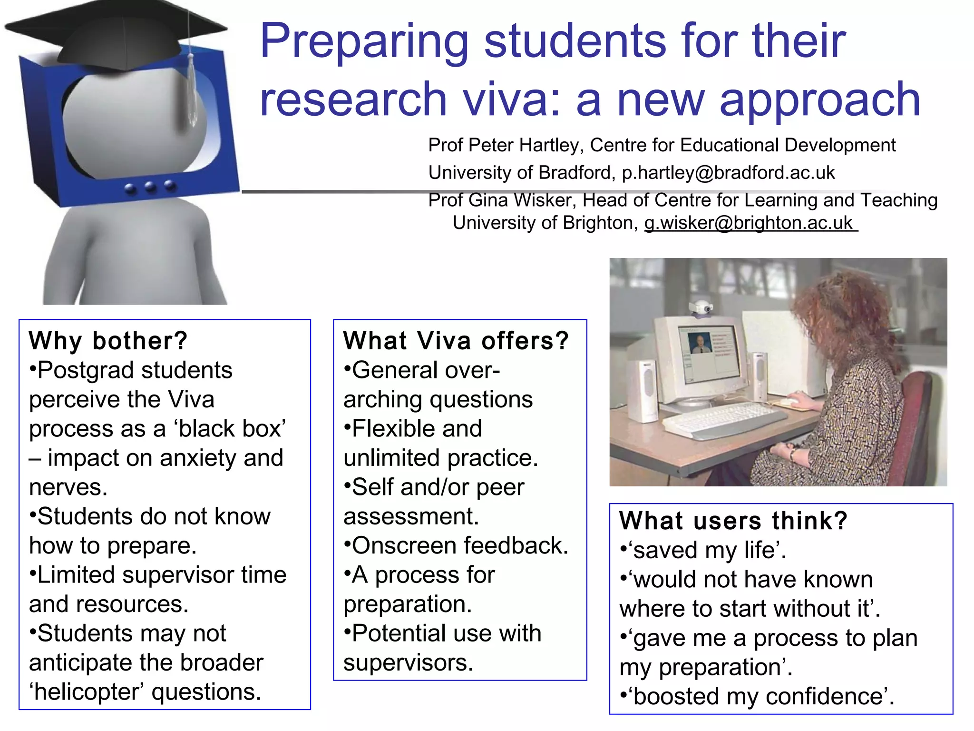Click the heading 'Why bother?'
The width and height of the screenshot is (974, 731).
point(108,341)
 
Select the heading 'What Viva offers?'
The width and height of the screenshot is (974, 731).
point(456,341)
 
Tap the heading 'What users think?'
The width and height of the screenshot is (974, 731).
point(733,520)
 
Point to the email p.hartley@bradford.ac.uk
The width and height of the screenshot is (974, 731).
point(728,172)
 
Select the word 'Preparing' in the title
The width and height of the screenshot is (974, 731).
point(364,41)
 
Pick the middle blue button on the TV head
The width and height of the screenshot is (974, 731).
point(151,188)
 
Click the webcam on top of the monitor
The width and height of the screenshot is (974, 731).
point(701,307)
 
